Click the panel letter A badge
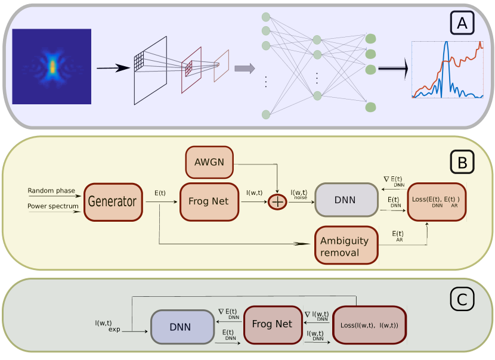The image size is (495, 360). click(462, 23)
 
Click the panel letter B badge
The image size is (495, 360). click(462, 162)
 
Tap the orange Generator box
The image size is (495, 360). click(113, 202)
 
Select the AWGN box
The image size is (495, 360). click(209, 162)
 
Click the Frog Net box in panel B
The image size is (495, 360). click(209, 202)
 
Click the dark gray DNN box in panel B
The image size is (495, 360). click(346, 200)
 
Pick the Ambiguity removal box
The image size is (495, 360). click(346, 246)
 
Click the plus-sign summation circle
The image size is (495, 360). click(277, 202)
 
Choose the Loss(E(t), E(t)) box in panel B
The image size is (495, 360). click(436, 202)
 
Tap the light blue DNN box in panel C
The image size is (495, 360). click(182, 327)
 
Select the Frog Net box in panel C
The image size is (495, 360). click(272, 325)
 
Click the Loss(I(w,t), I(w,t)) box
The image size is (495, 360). click(369, 325)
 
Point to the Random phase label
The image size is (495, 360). click(51, 191)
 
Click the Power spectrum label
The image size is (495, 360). click(53, 207)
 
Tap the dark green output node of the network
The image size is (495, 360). click(371, 54)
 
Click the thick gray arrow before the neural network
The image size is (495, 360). click(245, 69)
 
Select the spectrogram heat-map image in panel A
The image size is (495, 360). click(52, 66)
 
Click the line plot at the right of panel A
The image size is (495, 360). click(447, 70)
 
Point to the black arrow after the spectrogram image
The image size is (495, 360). click(113, 68)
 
